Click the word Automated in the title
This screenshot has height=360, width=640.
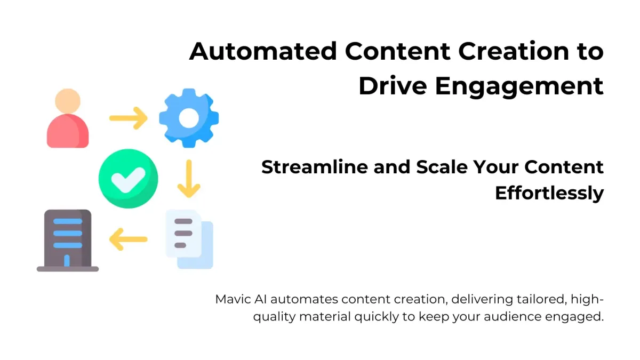263,51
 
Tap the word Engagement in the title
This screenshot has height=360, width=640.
519,87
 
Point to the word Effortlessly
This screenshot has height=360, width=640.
549,194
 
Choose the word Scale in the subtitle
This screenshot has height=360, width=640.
442,166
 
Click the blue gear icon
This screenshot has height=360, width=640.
189,118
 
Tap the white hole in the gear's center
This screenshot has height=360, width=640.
189,118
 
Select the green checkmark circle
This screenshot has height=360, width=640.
129,179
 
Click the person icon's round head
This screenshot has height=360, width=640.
68,101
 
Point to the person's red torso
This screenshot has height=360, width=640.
68,131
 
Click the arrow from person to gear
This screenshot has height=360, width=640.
129,118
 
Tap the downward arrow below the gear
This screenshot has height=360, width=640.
189,179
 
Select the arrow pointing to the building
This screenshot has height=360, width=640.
129,239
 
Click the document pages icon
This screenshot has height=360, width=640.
189,239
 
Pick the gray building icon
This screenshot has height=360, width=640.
68,241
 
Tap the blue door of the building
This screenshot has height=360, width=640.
67,261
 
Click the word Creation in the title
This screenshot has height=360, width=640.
514,51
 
